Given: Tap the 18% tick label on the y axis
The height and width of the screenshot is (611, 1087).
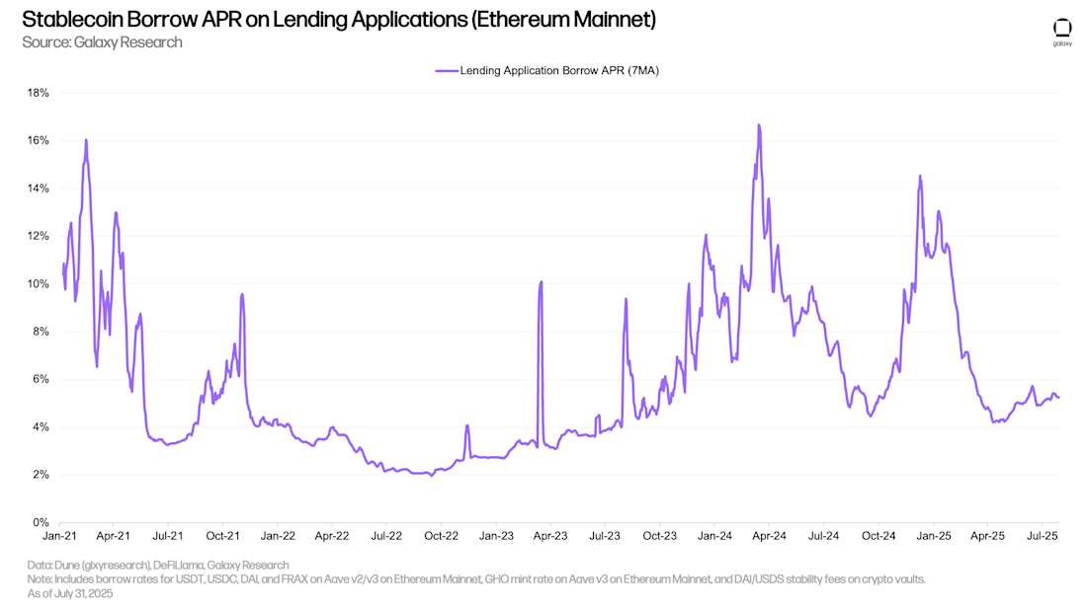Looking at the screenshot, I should click(x=38, y=93).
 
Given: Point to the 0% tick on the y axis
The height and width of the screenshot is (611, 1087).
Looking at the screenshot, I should click(x=41, y=522).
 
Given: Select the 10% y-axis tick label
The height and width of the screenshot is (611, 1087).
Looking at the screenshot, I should click(x=38, y=284).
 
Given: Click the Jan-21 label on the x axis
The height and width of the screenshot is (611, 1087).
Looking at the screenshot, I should click(x=59, y=537).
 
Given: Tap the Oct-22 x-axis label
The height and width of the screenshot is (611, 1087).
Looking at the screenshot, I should click(x=442, y=537).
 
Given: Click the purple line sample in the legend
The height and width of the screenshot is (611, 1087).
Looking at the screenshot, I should click(x=446, y=71).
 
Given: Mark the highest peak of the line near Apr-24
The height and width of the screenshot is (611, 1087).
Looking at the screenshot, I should click(x=758, y=125).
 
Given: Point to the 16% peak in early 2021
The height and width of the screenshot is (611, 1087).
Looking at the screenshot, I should click(x=86, y=140).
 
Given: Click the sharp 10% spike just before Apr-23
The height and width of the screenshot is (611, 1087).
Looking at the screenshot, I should click(x=541, y=282).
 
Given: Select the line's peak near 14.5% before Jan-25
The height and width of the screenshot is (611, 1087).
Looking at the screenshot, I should click(x=920, y=177).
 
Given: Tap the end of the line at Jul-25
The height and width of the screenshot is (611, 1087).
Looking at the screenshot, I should click(x=1059, y=398).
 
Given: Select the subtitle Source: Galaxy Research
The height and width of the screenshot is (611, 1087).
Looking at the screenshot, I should click(x=102, y=42).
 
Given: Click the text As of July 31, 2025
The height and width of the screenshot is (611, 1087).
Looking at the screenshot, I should click(x=70, y=593).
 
